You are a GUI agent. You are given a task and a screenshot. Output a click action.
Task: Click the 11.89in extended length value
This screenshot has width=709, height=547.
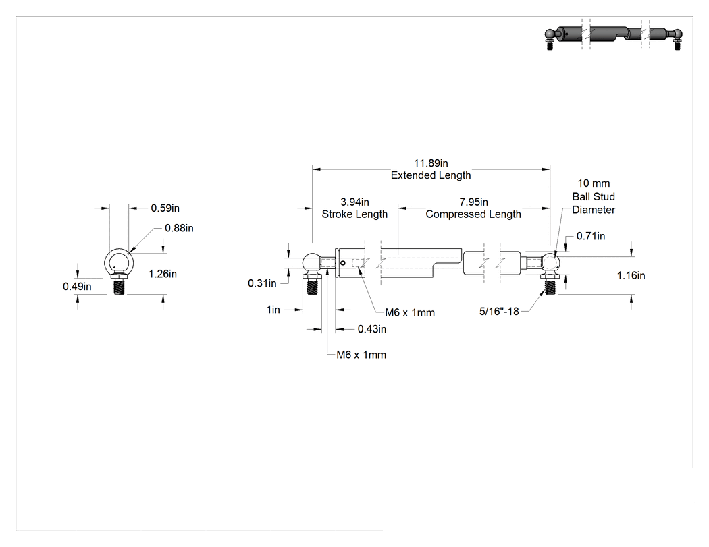[x=431, y=163]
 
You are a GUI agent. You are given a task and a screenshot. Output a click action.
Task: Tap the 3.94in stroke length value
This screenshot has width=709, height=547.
[x=354, y=202]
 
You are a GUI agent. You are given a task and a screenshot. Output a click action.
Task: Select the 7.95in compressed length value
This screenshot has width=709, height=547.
[x=473, y=202]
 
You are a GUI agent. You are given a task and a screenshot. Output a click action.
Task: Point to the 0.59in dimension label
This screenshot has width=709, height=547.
[x=165, y=208]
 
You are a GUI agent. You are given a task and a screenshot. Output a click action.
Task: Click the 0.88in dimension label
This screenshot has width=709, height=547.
[x=179, y=228]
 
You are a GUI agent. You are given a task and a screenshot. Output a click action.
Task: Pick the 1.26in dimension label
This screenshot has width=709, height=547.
[x=163, y=274]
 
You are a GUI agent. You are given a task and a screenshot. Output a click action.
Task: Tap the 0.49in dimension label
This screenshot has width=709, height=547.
[x=78, y=287]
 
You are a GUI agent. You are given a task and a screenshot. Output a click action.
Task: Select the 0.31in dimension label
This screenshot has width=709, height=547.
[x=262, y=283]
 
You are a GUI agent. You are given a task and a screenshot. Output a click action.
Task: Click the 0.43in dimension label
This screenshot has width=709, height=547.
[x=371, y=329]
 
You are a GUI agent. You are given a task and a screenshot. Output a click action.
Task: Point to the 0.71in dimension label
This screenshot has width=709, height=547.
[x=591, y=236]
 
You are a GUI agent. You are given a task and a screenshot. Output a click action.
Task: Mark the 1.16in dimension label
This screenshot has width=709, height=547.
[x=631, y=276]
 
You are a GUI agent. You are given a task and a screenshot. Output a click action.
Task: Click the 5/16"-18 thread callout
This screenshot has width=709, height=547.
[x=499, y=311]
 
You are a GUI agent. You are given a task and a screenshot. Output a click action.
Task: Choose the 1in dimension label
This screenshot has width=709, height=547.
[x=273, y=310]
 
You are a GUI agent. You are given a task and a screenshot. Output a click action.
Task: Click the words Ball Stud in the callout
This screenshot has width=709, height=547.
[x=594, y=196]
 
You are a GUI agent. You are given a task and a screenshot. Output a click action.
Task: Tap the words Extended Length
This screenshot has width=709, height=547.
[x=431, y=175]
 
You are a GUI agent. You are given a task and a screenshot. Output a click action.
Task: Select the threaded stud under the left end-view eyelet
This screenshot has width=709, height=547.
[x=119, y=287]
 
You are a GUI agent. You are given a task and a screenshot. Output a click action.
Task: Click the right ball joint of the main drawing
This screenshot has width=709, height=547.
[x=551, y=263]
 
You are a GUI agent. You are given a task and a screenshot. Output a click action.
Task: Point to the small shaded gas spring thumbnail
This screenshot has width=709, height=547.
[x=614, y=38]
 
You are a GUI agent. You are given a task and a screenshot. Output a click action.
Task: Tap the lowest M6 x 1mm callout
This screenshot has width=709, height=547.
[x=361, y=355]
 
